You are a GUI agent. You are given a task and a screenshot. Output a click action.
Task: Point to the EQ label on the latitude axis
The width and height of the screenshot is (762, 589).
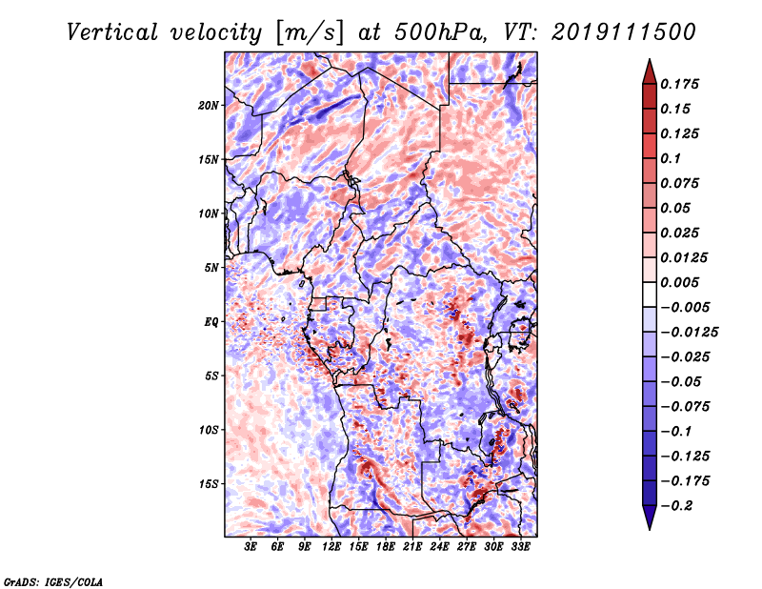coord(211,322)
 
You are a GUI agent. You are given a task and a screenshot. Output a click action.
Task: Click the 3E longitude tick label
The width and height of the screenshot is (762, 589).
coord(251,547)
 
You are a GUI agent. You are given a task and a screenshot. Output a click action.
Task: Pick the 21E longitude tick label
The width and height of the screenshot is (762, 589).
coord(413,547)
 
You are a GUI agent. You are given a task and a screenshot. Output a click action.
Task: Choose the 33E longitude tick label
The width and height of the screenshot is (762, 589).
coord(521,547)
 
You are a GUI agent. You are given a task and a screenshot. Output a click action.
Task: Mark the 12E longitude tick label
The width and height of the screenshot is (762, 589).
coord(332,547)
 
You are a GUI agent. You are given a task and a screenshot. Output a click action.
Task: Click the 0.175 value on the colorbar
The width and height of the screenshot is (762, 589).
coord(681,84)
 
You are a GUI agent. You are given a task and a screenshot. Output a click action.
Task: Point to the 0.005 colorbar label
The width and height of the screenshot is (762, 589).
coord(681,282)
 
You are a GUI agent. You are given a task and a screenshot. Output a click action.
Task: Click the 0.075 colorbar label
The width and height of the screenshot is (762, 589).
coord(681,183)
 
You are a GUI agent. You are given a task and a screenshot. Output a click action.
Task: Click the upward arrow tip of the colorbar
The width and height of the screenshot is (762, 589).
coord(648,62)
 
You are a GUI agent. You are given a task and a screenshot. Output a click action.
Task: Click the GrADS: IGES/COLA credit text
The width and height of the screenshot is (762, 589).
coord(53,580)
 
